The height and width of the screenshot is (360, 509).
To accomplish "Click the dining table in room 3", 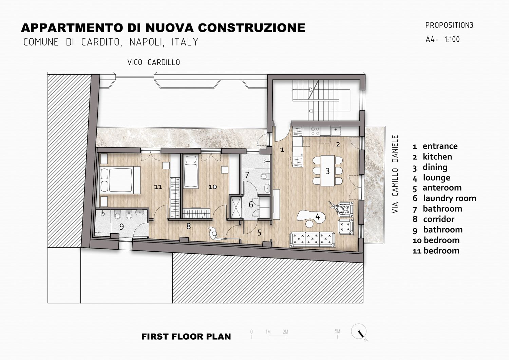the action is tap(327, 170).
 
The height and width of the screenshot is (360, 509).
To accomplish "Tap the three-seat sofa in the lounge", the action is tap(312, 239).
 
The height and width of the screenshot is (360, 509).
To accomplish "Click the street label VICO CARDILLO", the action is tap(154, 62).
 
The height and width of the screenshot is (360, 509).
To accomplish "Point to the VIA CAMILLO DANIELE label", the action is tap(395, 174).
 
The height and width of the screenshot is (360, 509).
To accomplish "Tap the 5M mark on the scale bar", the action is tap(337, 331).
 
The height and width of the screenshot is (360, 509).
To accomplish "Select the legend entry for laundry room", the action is tap(444, 198).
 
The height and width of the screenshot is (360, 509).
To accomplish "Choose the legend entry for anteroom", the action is tap(437, 188).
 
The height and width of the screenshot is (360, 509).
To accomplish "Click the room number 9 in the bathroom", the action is tap(121, 227).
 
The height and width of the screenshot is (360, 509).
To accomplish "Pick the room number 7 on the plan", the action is tap(247, 175).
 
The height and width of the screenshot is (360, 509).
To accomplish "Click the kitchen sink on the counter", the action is tap(335, 131).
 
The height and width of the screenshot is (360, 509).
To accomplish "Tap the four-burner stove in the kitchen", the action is tap(315, 131).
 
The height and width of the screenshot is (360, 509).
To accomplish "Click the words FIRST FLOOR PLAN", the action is tap(186, 337).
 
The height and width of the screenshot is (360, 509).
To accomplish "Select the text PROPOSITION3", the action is tap(449, 25).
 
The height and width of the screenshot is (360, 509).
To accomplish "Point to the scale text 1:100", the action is tap(452, 39).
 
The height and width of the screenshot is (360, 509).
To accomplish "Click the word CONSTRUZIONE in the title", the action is tap(251, 28).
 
